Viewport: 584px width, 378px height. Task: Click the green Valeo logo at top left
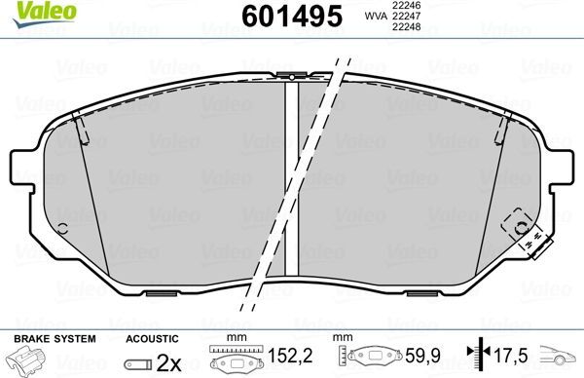pyautogui.click(x=29, y=13)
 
